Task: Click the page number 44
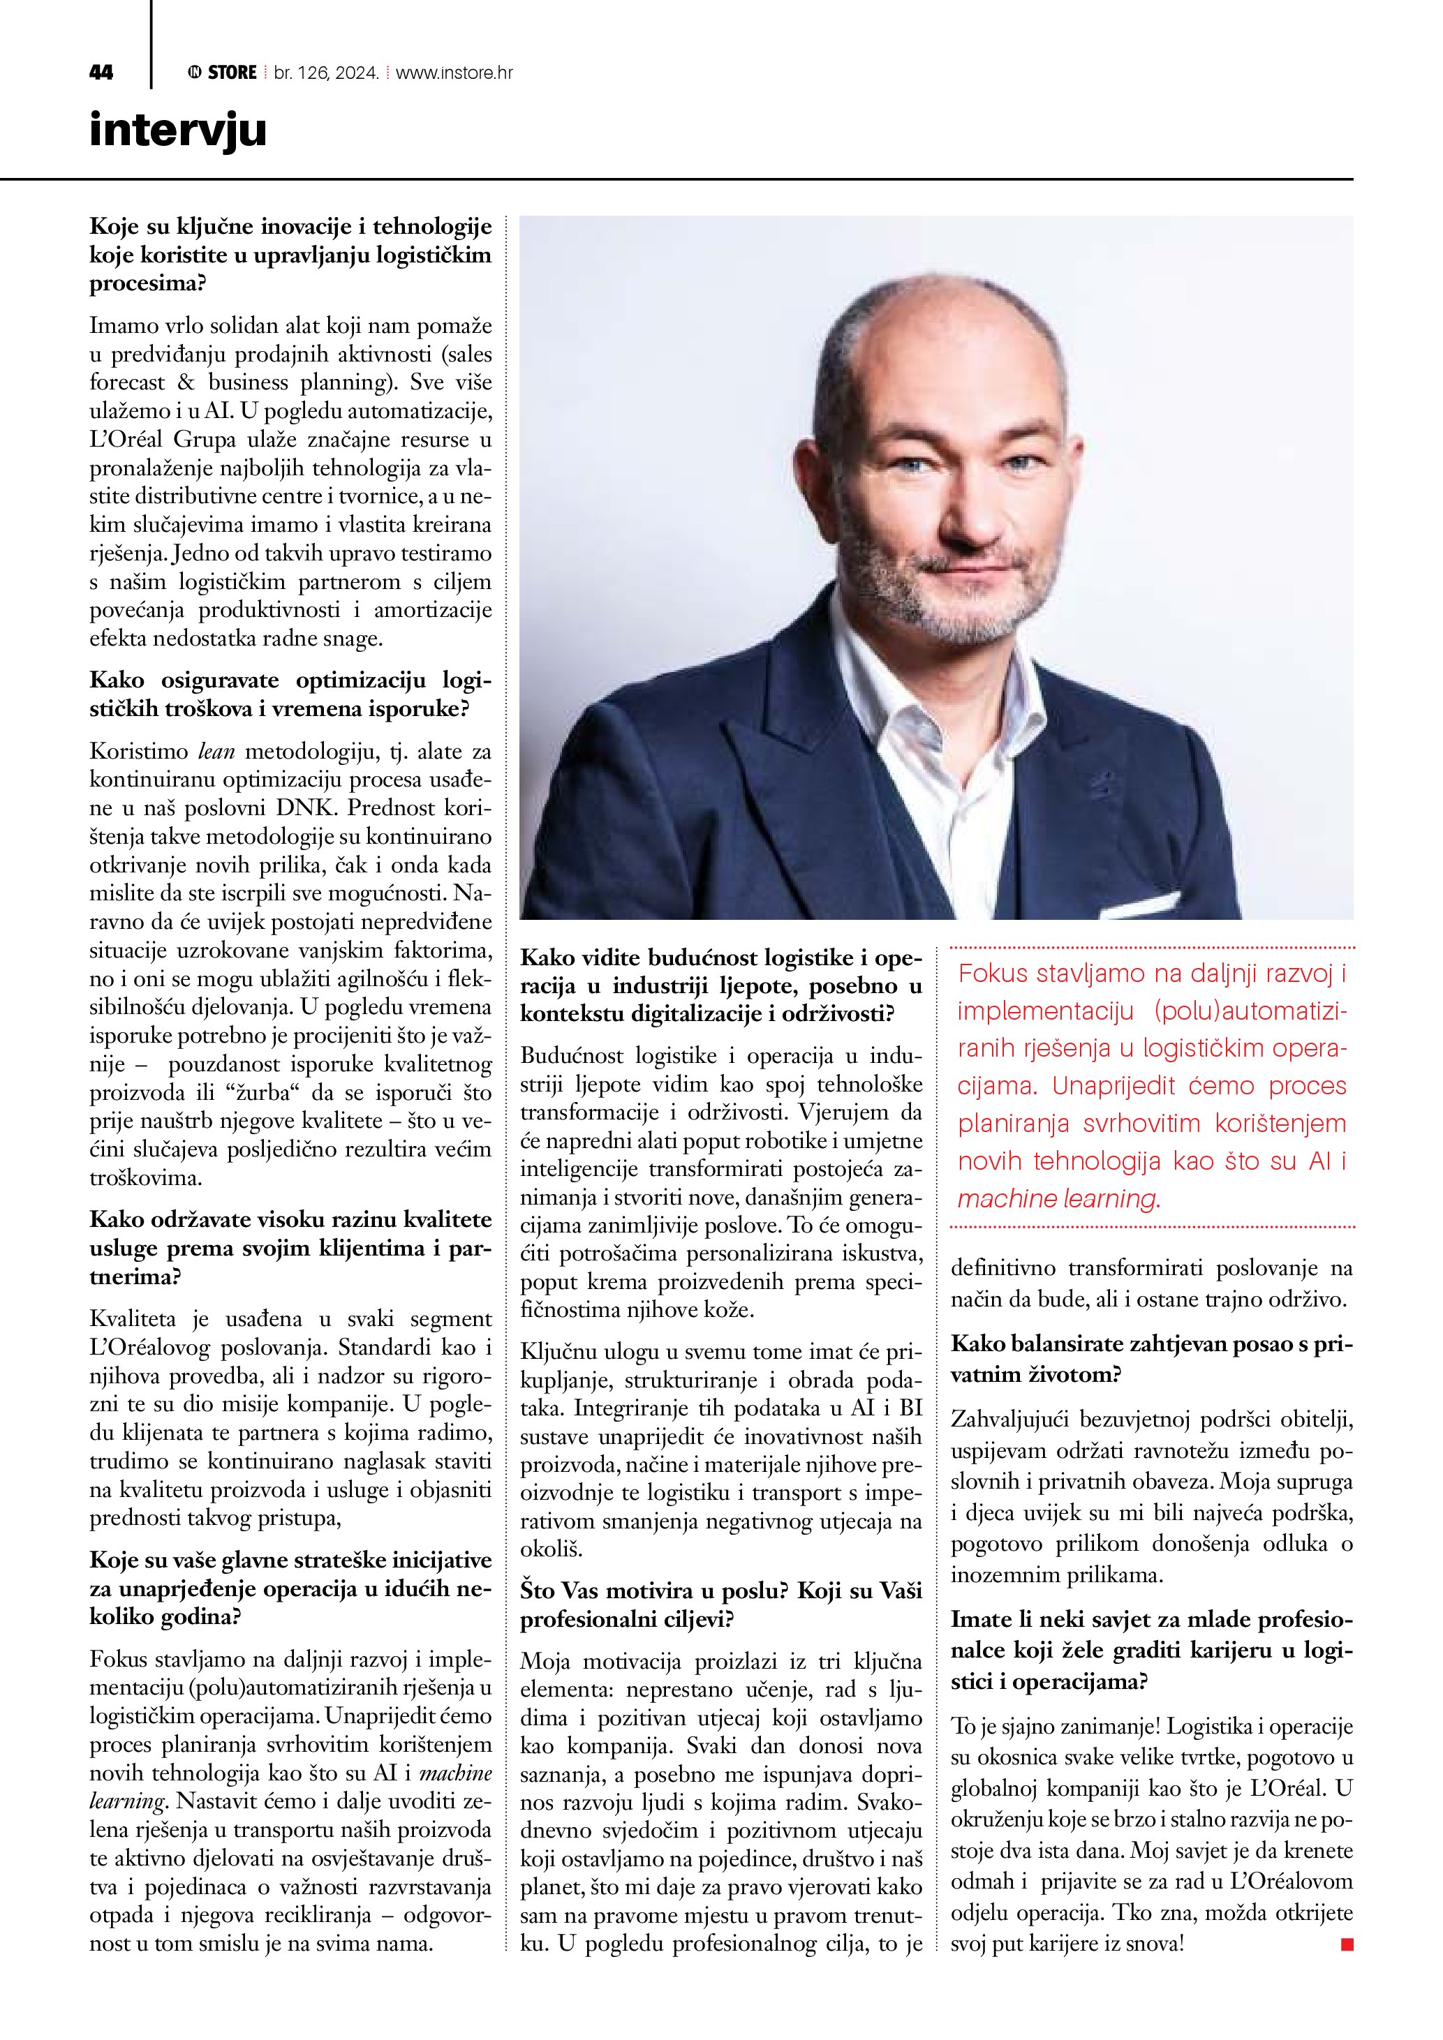tap(101, 73)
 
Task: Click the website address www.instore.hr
tap(453, 73)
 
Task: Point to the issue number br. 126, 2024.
tap(326, 73)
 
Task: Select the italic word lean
tap(215, 752)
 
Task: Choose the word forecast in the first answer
tap(127, 382)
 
